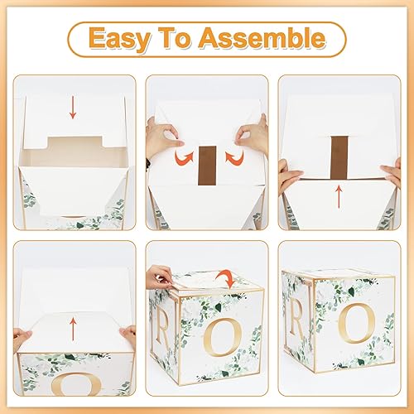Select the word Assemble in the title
[x=267, y=38]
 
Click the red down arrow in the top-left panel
[x=73, y=107]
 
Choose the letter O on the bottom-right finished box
[x=359, y=324]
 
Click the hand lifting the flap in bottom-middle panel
[x=161, y=276]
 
